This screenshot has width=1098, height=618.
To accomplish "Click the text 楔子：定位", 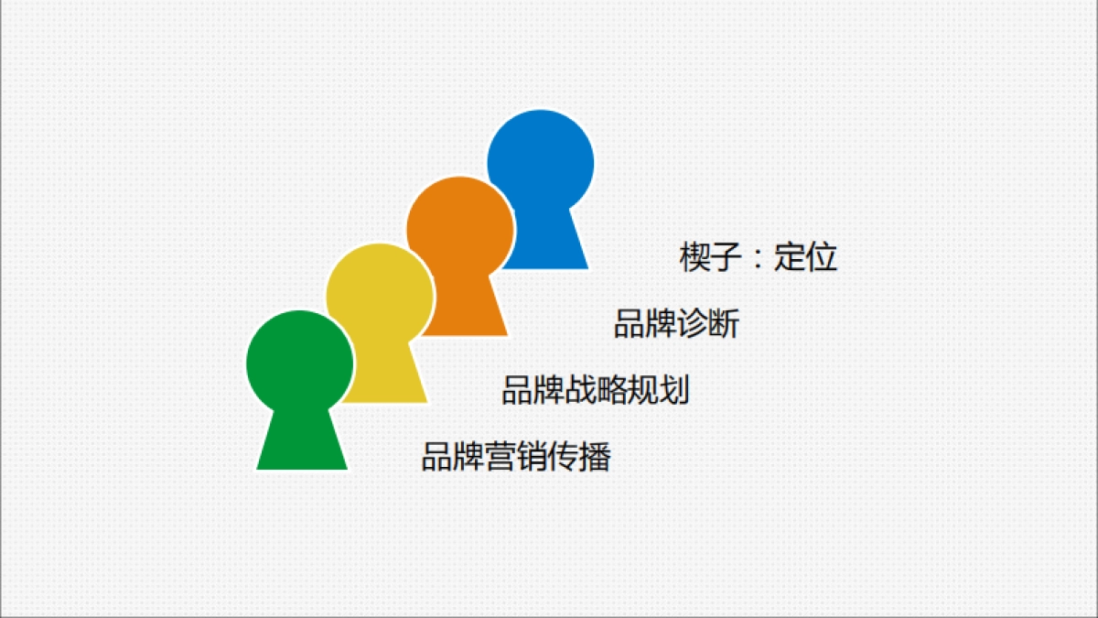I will pos(759,257).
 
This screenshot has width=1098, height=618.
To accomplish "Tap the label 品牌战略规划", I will pos(595,391).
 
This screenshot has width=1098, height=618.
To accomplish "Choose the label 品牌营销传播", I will pos(515,456).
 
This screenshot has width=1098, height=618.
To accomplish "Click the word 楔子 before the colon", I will pos(710,257).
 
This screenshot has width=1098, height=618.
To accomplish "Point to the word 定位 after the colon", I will pos(806,257).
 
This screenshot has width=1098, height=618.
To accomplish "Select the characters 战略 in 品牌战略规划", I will pos(595,391).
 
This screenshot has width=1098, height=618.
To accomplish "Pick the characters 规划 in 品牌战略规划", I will pos(658,391).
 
